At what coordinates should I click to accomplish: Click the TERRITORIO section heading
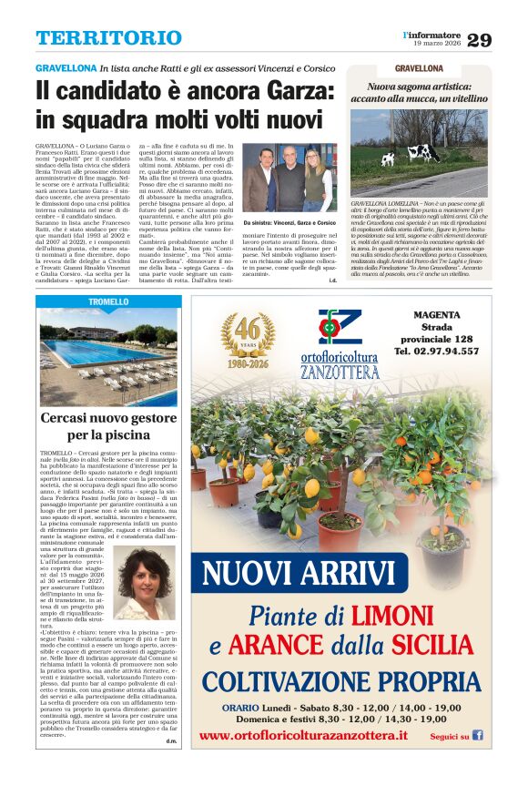coord(108,38)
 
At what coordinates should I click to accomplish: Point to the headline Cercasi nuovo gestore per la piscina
coord(108,426)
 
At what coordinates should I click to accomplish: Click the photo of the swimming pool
coord(108,357)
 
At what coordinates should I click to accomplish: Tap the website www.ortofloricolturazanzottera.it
coord(303,735)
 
